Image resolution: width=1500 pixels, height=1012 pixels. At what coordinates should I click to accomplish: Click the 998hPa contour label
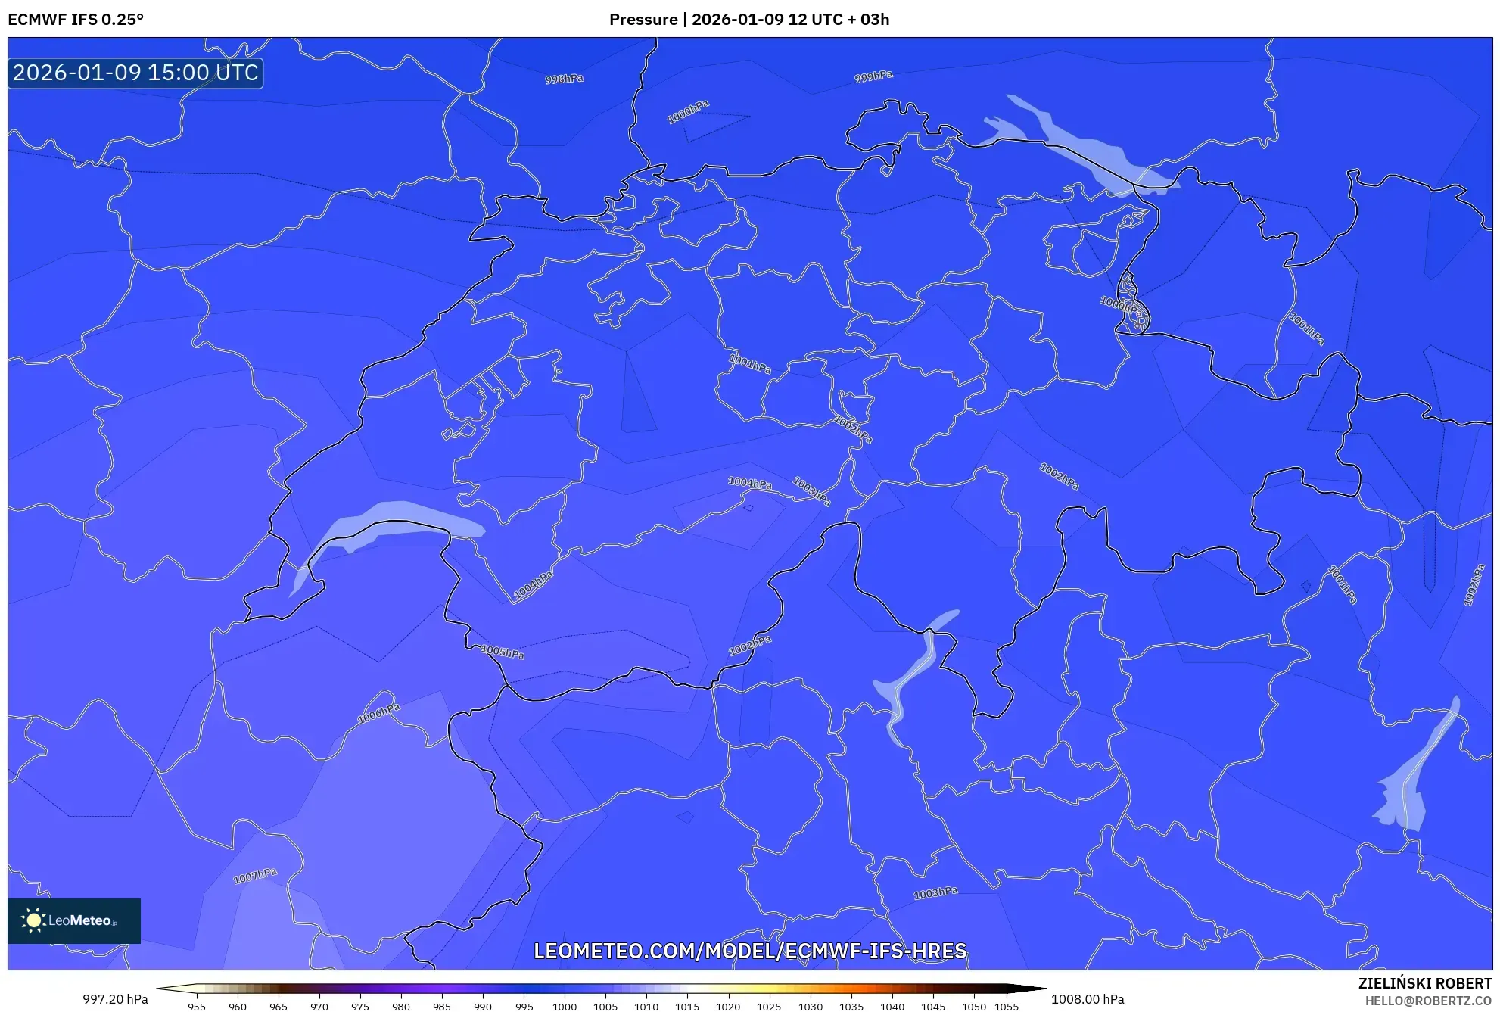pos(564,79)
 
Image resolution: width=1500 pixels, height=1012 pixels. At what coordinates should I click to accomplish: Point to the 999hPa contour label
pos(873,76)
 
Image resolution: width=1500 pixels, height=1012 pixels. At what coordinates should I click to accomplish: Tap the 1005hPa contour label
pos(503,652)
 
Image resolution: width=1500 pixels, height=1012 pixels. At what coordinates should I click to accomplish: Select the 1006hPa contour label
pos(378,713)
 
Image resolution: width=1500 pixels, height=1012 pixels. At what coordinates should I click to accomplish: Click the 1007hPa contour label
pos(255,876)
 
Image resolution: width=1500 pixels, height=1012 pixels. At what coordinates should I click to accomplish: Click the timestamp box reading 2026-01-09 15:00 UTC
pos(135,73)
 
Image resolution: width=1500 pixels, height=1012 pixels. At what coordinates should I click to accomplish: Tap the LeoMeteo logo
pos(74,920)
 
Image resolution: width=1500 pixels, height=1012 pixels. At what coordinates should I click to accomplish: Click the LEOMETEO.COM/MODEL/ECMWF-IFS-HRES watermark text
pos(750,951)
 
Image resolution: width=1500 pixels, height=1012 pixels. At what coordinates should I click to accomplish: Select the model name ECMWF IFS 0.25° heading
pos(76,20)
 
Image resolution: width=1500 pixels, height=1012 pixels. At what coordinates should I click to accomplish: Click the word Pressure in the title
pos(643,20)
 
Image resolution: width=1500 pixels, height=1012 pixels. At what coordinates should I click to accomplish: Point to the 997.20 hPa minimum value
pos(115,999)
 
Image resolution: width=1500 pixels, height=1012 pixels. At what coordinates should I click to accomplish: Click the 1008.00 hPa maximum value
pos(1088,999)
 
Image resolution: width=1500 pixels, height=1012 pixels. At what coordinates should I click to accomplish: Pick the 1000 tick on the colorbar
pos(565,1007)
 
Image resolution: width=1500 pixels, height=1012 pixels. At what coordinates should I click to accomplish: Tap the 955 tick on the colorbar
pos(197,1007)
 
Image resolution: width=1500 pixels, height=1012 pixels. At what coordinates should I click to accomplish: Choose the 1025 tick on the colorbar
pos(769,1007)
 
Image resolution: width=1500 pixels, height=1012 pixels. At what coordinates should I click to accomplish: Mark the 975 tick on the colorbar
pos(360,1007)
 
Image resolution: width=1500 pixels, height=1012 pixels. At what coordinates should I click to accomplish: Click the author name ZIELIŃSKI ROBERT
pos(1424,983)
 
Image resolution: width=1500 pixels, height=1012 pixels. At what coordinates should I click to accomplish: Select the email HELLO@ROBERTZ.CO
pos(1428,1001)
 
